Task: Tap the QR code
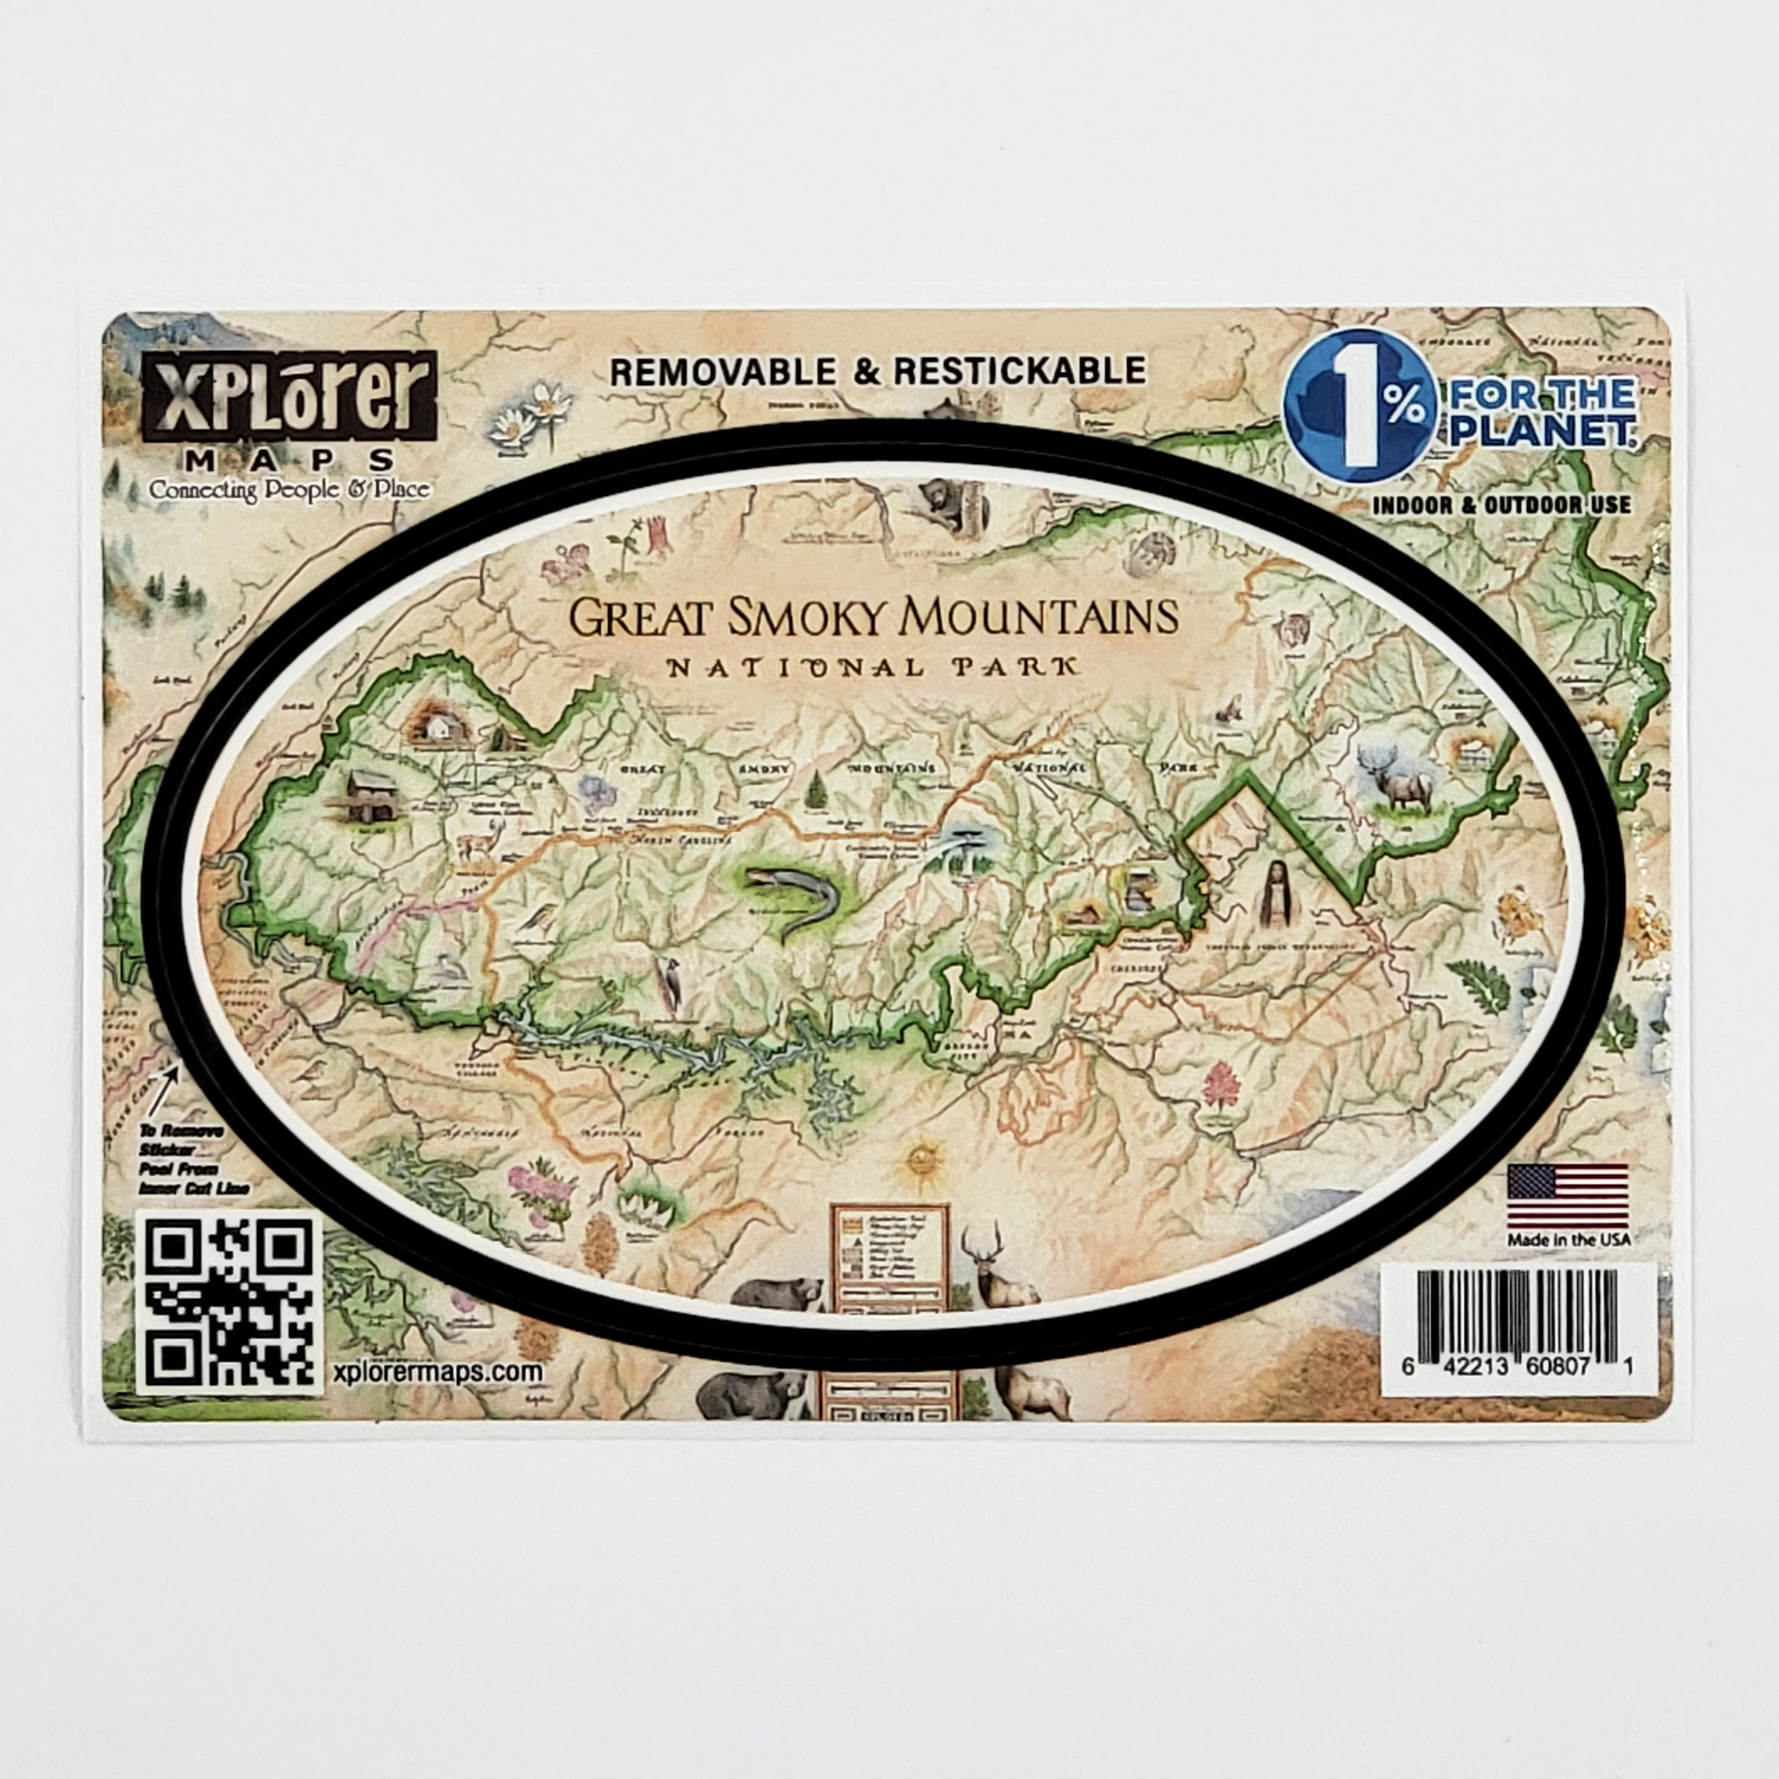[229, 1302]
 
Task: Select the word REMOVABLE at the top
[724, 371]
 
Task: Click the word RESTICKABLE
[1019, 370]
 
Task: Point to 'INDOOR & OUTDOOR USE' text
[1501, 504]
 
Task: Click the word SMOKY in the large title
[811, 618]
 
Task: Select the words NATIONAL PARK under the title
[872, 666]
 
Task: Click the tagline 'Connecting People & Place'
[289, 489]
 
